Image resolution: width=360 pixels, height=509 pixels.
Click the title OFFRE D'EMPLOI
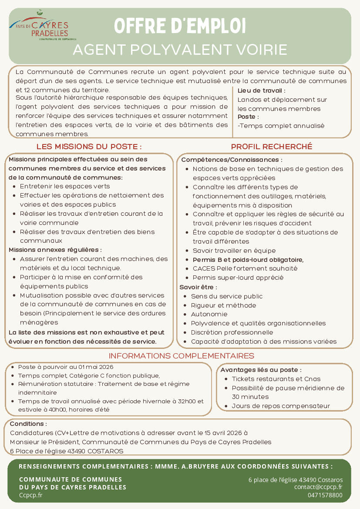coord(180,26)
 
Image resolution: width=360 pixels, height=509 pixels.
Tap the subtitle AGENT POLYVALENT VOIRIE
coord(180,50)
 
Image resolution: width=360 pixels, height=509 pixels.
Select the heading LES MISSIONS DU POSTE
coord(89,147)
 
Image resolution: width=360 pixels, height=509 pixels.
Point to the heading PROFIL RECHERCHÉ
coord(271,147)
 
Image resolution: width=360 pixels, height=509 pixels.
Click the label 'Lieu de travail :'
coord(262,91)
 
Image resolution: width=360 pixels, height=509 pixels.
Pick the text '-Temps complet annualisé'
coord(281,126)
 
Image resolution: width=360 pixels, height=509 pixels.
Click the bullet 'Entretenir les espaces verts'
coord(65,186)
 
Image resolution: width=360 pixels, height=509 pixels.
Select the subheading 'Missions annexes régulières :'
coord(55,250)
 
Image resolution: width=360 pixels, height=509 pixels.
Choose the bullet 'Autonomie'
coord(209,314)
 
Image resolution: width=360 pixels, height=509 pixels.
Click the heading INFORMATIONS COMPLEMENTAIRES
coord(181,356)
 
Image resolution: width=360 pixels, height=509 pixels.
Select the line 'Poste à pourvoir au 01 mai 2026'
coord(66,367)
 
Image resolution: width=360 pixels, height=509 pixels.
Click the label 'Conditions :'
coord(28,424)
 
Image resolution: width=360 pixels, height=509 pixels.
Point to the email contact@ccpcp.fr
coord(318,487)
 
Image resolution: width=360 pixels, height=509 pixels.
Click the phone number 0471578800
coord(325,495)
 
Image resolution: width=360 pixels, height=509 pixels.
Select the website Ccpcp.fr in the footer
coord(30,495)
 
